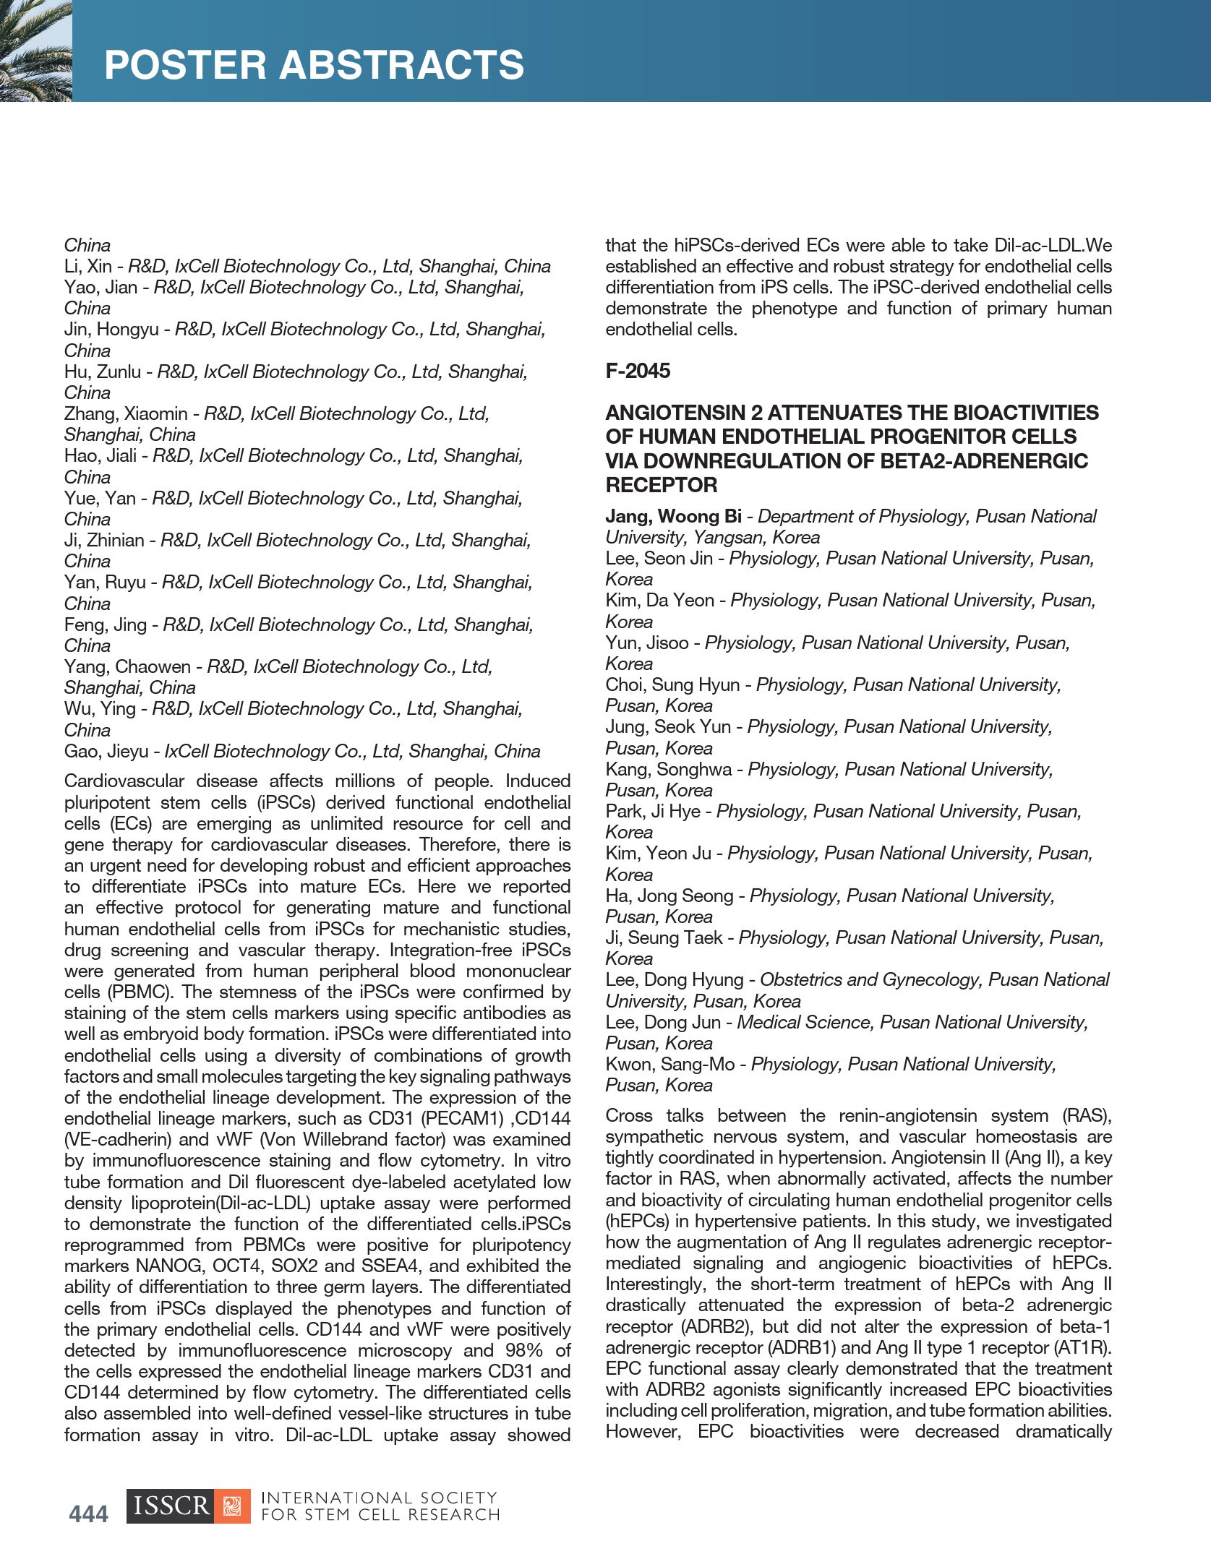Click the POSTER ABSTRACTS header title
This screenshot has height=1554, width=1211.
[314, 65]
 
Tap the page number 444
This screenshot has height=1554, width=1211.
[88, 1513]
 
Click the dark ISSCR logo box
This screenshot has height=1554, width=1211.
[171, 1506]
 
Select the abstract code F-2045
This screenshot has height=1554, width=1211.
[638, 371]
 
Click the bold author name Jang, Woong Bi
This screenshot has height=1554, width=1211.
[673, 516]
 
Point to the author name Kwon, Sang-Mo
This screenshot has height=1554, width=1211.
[669, 1064]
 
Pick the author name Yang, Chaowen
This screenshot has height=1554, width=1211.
[127, 666]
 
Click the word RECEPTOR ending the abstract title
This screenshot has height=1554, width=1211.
[661, 485]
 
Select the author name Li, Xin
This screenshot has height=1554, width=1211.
[87, 266]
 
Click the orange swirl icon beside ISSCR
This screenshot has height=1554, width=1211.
[233, 1506]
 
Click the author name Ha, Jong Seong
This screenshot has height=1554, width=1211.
[669, 896]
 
